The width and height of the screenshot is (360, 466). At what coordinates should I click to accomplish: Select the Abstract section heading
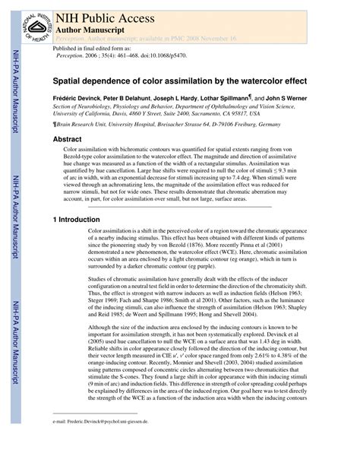click(x=67, y=139)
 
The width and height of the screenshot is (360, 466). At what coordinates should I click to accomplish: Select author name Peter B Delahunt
click(x=146, y=98)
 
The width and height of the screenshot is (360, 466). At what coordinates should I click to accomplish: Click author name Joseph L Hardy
click(x=205, y=98)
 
